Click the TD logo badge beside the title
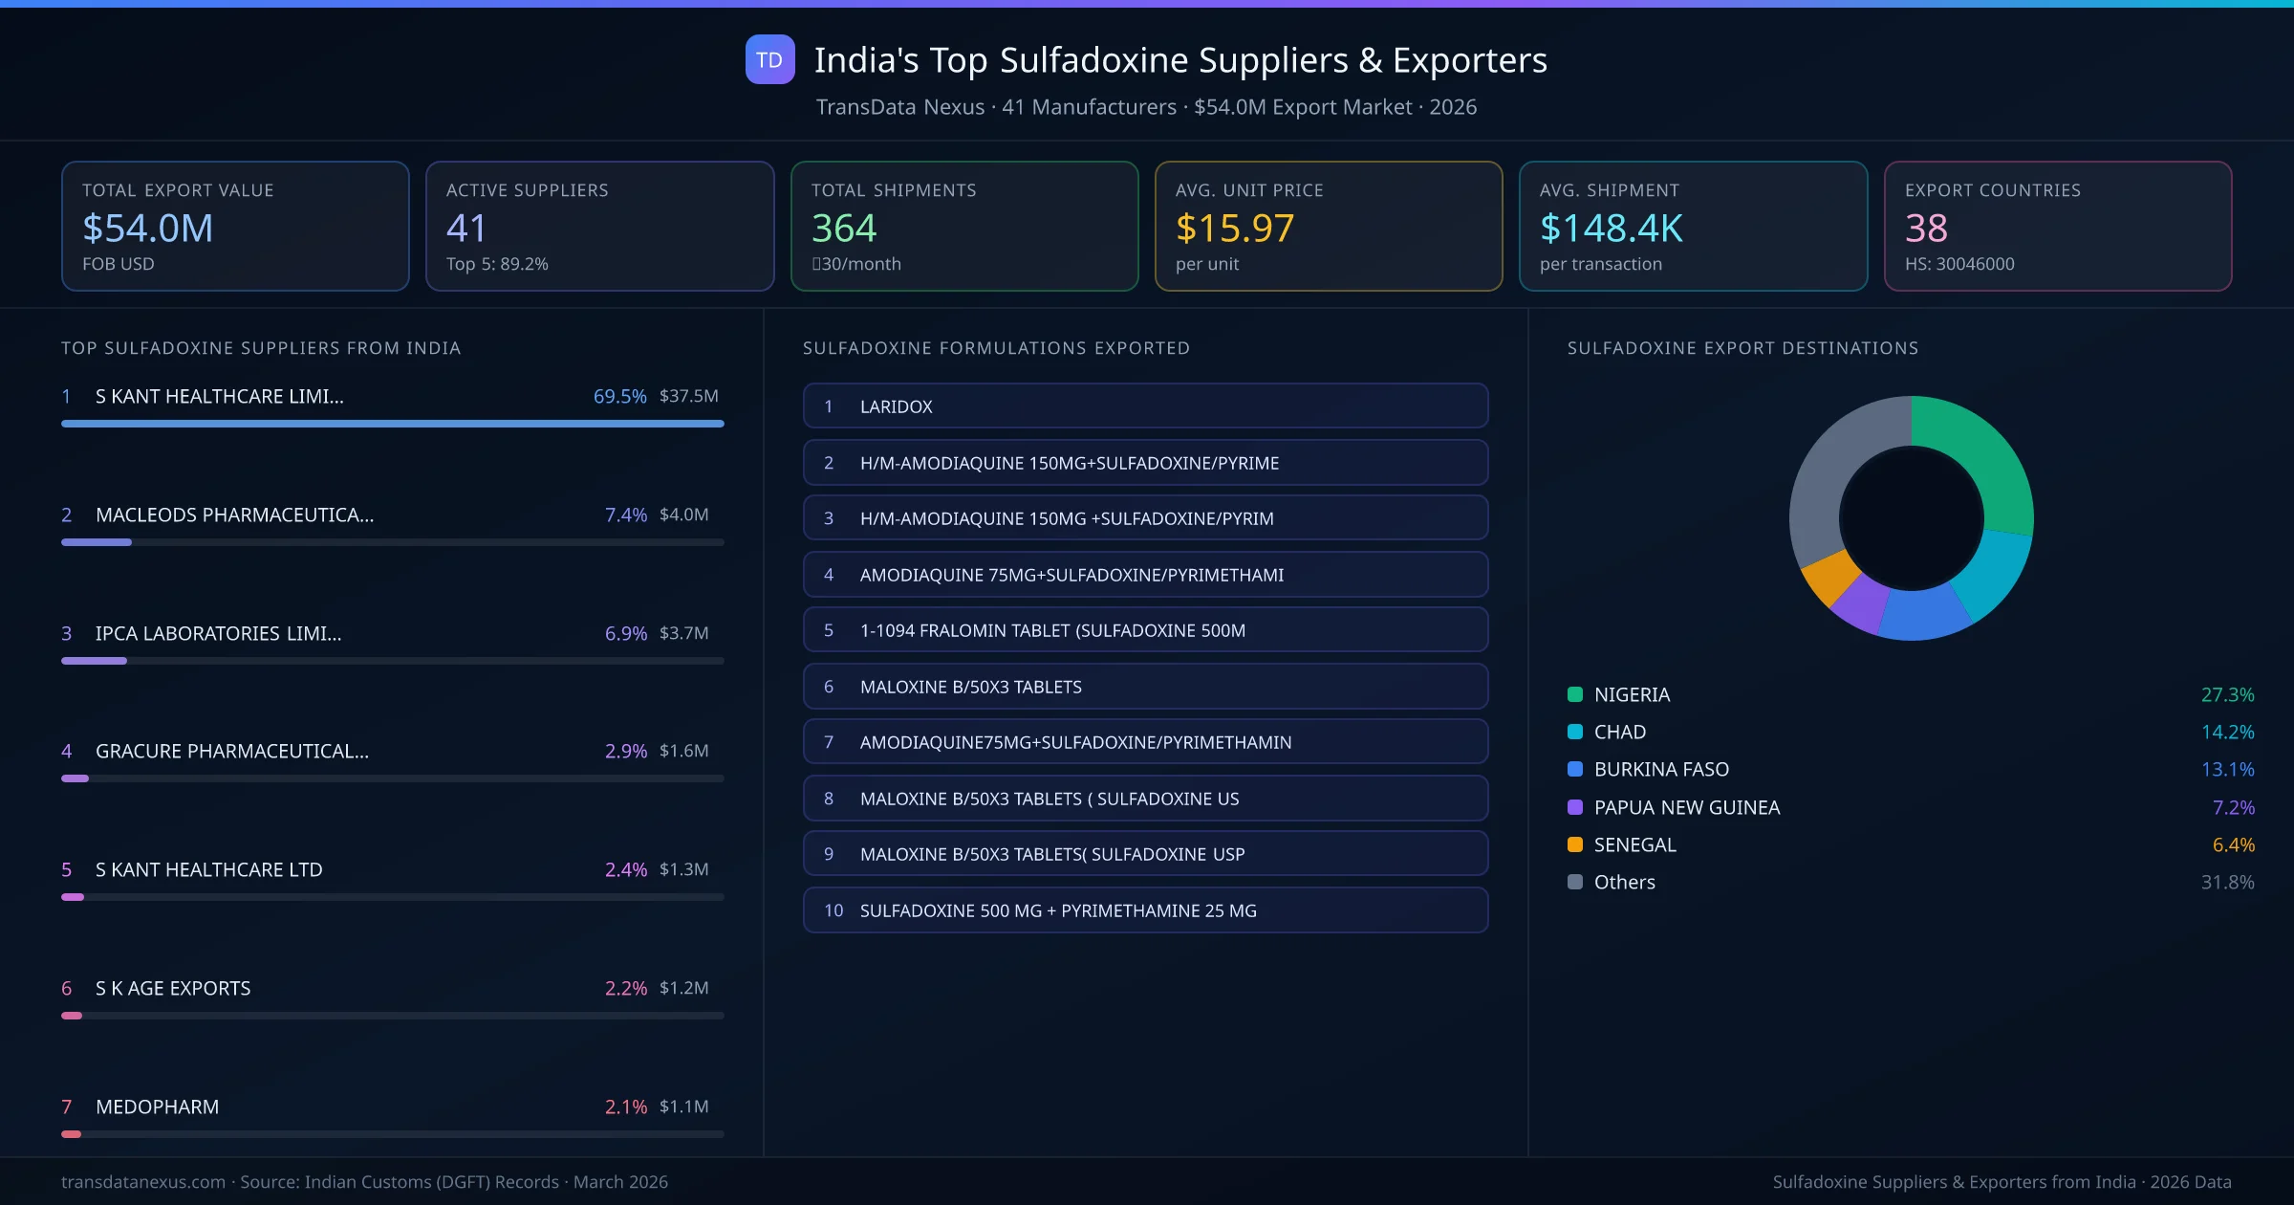769,59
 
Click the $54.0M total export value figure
148,228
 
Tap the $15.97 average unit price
1234,228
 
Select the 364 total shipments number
843,228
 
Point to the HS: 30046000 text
1959,264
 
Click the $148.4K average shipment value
1611,228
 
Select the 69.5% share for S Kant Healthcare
619,396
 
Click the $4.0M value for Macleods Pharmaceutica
683,515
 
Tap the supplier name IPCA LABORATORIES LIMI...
218,633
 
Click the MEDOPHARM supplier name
157,1106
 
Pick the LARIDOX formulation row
1145,406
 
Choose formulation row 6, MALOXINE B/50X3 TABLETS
1145,687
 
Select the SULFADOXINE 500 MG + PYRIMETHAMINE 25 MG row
1145,910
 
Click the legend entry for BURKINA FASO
1661,769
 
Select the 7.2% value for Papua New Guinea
2233,807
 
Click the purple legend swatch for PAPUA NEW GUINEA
1575,807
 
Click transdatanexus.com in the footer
143,1182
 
